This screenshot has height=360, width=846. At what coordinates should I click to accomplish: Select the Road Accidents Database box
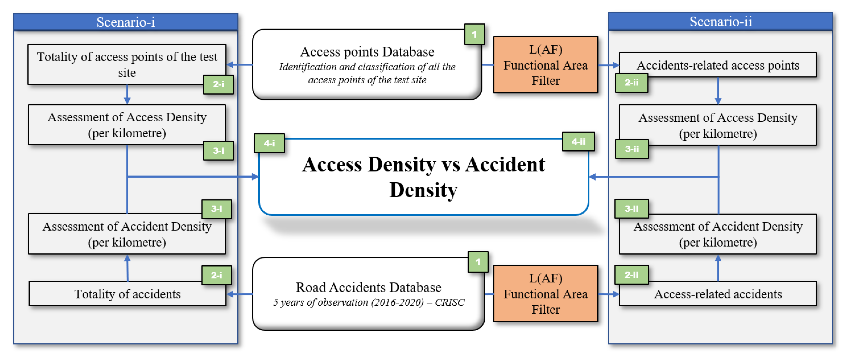[368, 294]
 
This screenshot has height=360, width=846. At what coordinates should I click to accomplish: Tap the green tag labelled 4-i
[269, 143]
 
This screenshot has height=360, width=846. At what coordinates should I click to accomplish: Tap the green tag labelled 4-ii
[578, 141]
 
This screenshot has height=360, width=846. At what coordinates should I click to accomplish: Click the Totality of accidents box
[127, 294]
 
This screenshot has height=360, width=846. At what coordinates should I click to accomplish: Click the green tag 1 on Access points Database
[474, 34]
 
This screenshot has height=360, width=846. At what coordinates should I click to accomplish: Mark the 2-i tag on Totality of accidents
[216, 275]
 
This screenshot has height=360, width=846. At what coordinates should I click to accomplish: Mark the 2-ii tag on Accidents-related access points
[631, 82]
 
